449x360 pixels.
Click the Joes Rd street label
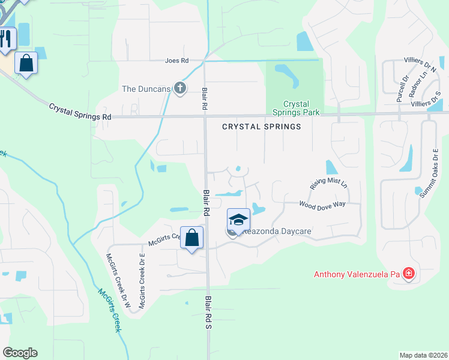coord(177,61)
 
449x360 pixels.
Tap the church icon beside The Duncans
coord(179,89)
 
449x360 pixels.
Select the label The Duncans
coord(146,89)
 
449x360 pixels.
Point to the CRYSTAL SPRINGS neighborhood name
coord(261,127)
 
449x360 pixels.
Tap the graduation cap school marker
coord(238,220)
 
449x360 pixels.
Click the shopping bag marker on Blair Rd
coord(191,238)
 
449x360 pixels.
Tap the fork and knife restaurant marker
coord(6,40)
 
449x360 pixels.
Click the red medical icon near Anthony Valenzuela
coord(409,274)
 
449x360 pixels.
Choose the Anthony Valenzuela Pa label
coord(357,275)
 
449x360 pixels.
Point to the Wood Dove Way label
coord(322,205)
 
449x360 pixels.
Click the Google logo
coord(20,353)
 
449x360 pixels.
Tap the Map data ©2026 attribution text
coord(423,355)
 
